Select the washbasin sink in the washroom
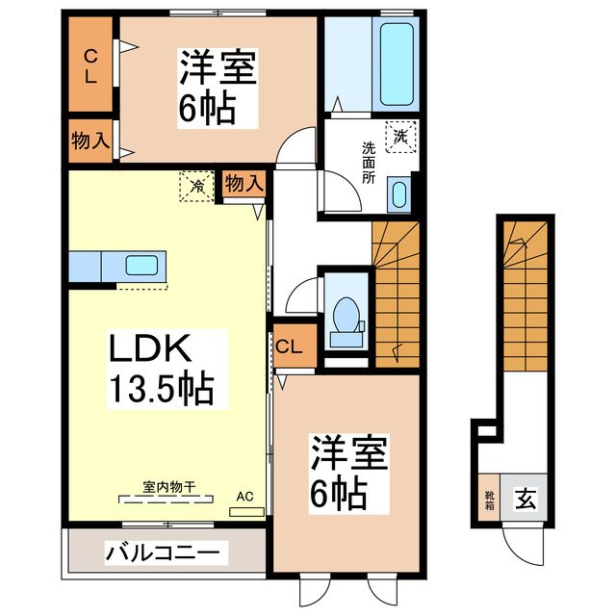[399, 194]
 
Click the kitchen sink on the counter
[143, 266]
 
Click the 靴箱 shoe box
[488, 499]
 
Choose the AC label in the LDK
[245, 497]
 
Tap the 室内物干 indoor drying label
[169, 488]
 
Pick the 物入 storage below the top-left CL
[90, 141]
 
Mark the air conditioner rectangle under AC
[245, 511]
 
